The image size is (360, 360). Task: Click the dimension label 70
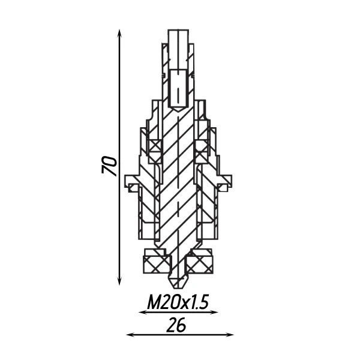click(109, 165)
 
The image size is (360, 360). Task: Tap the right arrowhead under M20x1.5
click(215, 312)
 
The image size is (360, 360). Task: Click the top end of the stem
click(178, 30)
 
